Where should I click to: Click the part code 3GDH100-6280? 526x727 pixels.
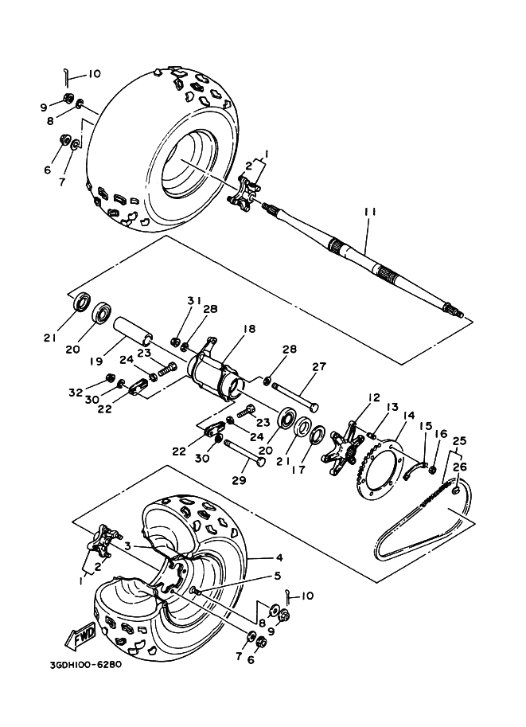86,665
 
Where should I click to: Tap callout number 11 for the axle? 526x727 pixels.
370,212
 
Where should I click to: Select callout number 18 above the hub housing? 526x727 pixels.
249,329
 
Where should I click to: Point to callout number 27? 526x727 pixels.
319,366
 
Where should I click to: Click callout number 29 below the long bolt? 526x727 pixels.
240,481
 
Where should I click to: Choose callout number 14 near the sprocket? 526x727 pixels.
409,416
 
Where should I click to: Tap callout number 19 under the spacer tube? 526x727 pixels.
96,362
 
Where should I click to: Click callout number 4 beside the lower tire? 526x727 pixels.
279,557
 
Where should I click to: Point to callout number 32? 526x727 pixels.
76,393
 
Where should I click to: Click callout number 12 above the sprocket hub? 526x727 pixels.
374,398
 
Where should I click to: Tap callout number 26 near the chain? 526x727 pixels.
459,467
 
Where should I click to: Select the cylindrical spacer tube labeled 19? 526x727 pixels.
134,332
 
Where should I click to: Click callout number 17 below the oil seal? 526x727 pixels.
299,470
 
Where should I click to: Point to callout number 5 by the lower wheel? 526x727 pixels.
278,576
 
